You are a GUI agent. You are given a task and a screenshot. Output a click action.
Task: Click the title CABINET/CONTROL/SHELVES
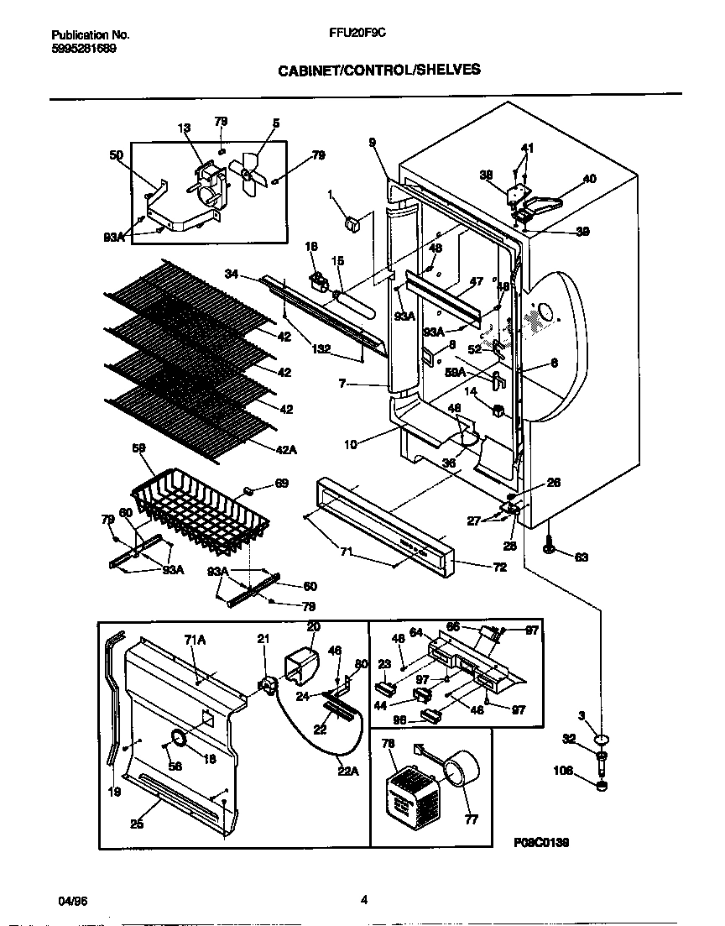click(x=379, y=71)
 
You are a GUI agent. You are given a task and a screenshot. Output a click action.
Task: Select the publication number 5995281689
click(x=84, y=49)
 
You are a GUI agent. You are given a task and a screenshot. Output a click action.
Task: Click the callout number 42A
click(x=286, y=451)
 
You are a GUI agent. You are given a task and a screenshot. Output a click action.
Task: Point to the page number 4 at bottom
click(x=363, y=900)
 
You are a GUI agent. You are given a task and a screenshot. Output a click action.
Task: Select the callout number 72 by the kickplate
click(x=475, y=568)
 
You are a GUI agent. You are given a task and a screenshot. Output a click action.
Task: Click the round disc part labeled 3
click(x=601, y=740)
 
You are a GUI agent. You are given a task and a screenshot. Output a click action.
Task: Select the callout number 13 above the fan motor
click(x=184, y=128)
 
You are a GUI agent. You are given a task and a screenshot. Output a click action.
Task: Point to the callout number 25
click(x=136, y=824)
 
